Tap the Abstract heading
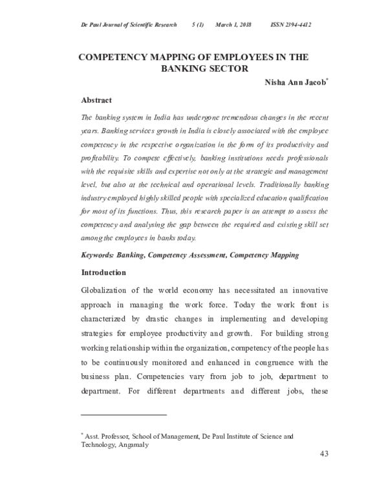[x=96, y=100]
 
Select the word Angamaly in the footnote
[x=133, y=445]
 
